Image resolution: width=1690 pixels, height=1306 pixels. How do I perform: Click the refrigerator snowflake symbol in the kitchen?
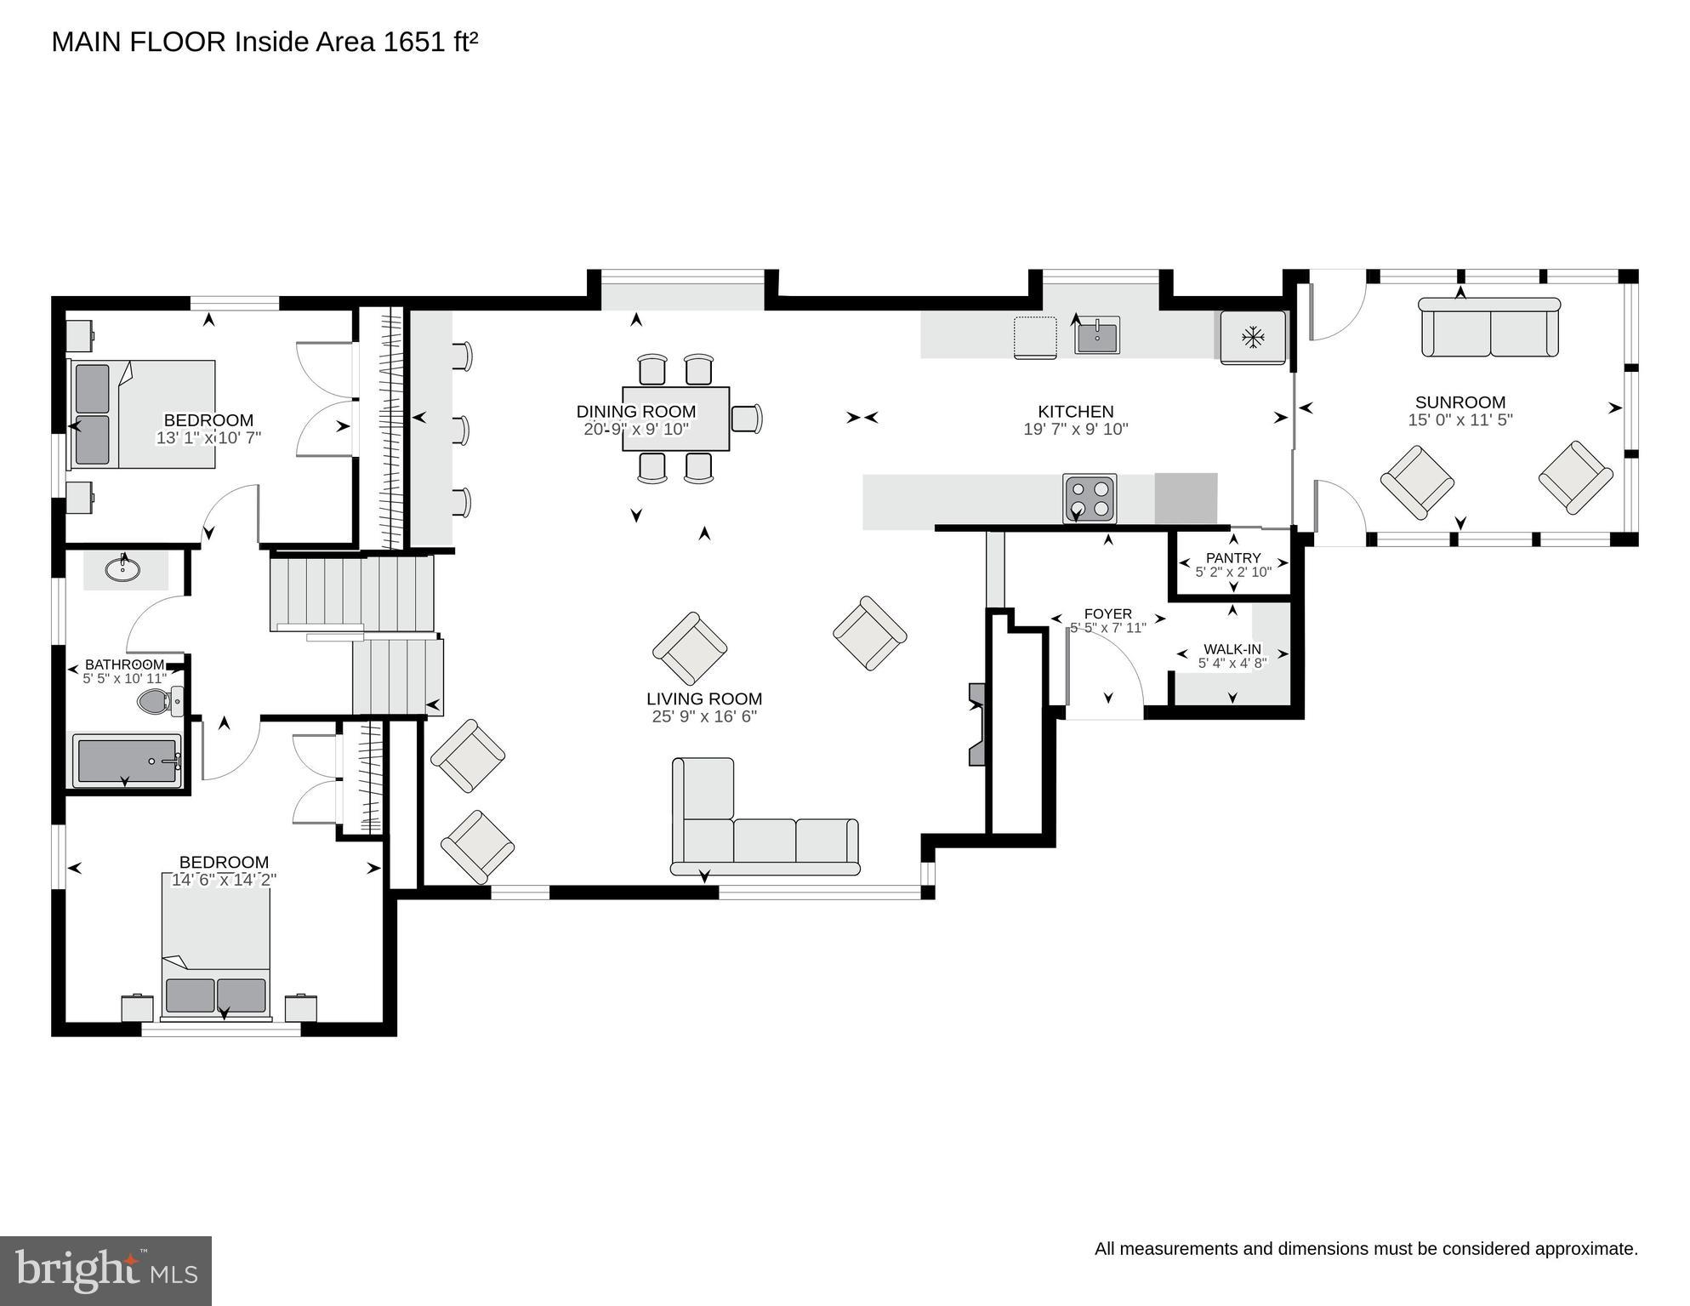[1252, 337]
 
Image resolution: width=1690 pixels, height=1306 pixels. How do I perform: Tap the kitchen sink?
[1097, 335]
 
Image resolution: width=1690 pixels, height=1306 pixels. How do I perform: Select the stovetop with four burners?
[1090, 499]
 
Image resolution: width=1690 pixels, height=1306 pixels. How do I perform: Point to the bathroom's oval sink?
[123, 568]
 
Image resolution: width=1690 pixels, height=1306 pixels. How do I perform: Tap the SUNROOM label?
[1460, 402]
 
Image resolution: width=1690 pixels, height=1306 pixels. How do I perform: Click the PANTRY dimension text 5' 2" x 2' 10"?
[1232, 572]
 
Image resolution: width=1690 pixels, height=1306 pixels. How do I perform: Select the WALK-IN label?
[1232, 649]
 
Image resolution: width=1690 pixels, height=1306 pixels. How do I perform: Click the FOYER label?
[1107, 613]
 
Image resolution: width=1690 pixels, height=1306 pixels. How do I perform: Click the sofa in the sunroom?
[1489, 328]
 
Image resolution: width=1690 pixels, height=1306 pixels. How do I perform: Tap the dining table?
[675, 419]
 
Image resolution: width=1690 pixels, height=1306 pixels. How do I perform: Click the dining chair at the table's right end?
[746, 419]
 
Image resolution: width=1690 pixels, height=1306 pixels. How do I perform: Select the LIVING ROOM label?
[703, 699]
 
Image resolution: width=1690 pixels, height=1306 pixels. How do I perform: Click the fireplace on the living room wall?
[976, 724]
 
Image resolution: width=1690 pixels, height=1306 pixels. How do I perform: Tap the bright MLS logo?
[105, 1270]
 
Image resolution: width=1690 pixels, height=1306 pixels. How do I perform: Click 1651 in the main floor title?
[414, 43]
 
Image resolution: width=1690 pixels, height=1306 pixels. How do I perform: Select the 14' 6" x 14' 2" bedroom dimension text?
[224, 880]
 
